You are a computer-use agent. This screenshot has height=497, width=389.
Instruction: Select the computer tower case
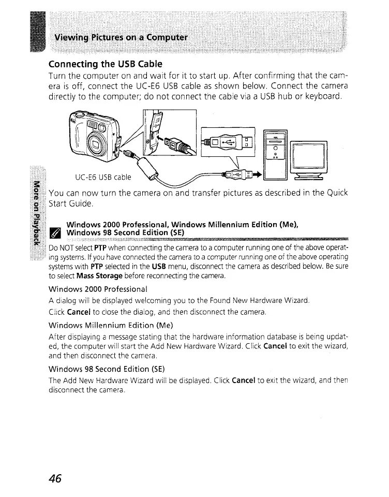(276, 155)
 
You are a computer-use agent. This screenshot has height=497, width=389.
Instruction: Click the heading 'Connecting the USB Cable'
(105, 64)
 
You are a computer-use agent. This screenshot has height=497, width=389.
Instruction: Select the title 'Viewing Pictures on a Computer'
(122, 38)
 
